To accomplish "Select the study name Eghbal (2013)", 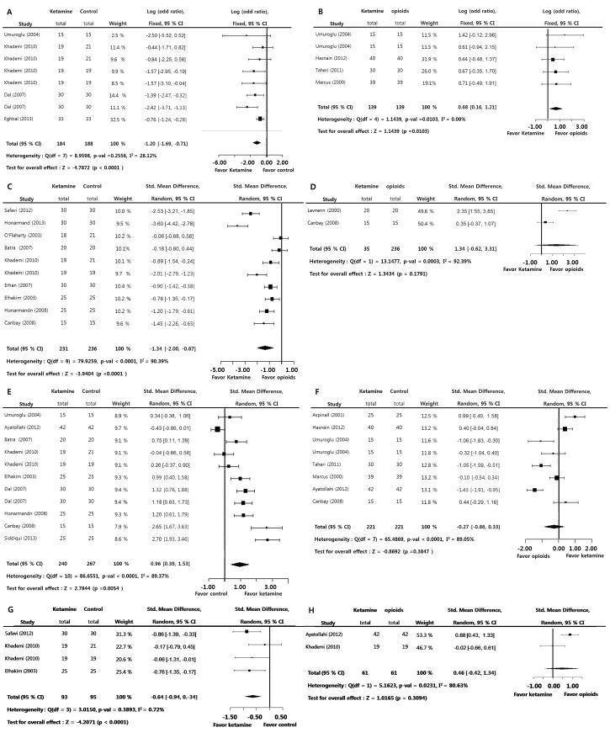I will [x=29, y=119].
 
